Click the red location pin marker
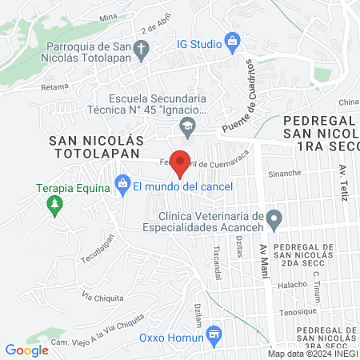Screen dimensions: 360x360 click(182, 163)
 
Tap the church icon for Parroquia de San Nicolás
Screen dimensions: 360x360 click(141, 50)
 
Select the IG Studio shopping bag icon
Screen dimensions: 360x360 click(233, 40)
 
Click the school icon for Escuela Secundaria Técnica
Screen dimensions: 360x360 click(187, 124)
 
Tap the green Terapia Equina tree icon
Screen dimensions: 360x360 click(54, 206)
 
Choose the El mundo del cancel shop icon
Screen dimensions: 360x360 click(122, 186)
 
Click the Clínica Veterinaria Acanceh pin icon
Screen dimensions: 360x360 click(274, 218)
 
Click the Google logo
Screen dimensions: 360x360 click(26, 350)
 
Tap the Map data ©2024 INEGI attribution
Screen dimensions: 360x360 click(312, 354)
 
